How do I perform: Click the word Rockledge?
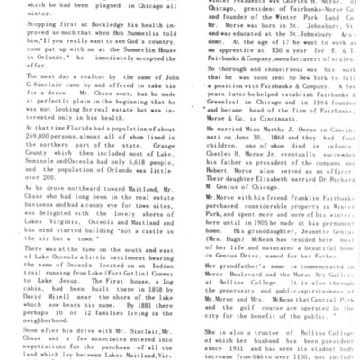pyautogui.click(x=88, y=31)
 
